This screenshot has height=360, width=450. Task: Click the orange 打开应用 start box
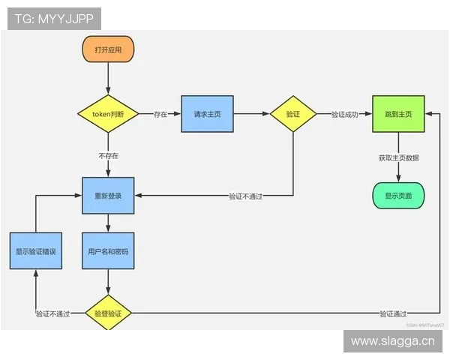point(108,49)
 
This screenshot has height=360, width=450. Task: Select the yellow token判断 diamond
point(108,114)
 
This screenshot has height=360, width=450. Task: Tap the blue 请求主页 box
point(206,114)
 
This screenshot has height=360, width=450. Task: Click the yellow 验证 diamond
point(292,114)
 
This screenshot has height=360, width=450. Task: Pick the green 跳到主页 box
point(398,114)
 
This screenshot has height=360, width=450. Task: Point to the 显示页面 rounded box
point(398,196)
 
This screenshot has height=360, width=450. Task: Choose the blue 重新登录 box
point(108,196)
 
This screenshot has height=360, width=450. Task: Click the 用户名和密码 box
point(108,252)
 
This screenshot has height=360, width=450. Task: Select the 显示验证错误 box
point(36,252)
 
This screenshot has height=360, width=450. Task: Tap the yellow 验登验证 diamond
point(108,313)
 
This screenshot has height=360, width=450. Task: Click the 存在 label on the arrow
point(160,114)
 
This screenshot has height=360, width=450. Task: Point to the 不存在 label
point(108,156)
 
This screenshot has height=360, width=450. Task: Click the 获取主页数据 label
point(398,158)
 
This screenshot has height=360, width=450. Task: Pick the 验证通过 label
point(393,313)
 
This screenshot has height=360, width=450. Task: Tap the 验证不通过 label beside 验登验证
point(52,313)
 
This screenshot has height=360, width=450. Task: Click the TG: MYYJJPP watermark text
point(53,18)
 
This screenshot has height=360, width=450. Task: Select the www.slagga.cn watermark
point(392,341)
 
